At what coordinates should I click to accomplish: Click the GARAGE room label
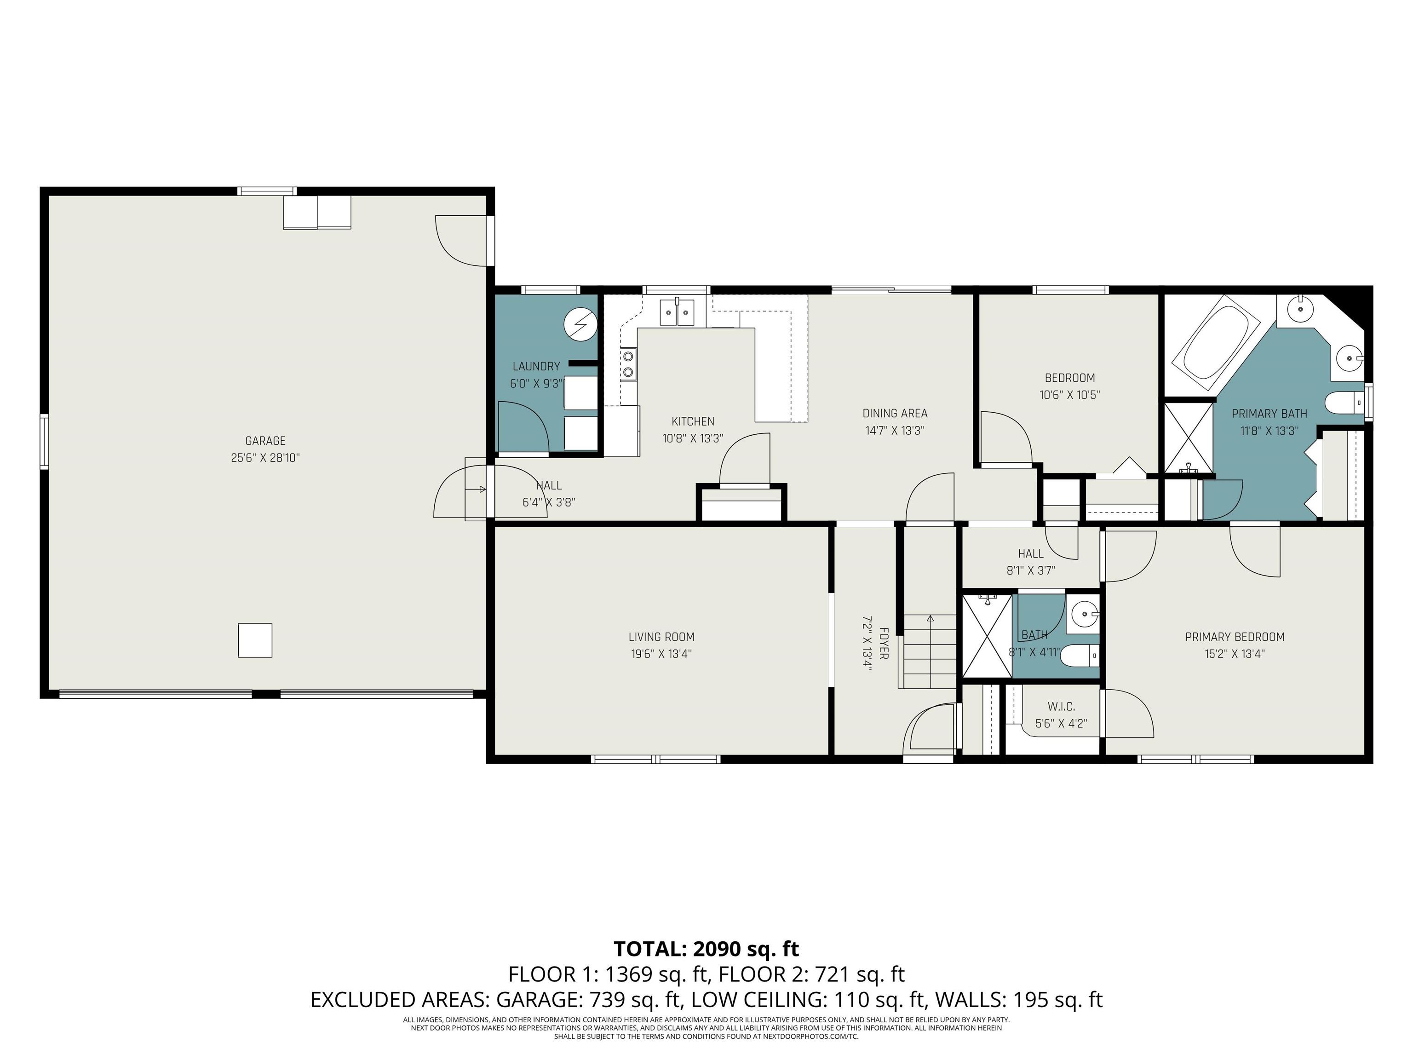click(265, 441)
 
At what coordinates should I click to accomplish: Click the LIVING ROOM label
click(661, 637)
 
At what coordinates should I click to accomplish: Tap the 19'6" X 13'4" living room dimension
click(661, 654)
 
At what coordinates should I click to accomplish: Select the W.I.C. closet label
click(1062, 707)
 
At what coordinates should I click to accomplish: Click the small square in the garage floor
click(255, 640)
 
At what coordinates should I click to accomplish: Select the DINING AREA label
click(895, 414)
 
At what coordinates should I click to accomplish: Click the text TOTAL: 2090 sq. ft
click(706, 949)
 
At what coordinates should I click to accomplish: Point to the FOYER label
click(884, 644)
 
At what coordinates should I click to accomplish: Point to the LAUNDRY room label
click(536, 366)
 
